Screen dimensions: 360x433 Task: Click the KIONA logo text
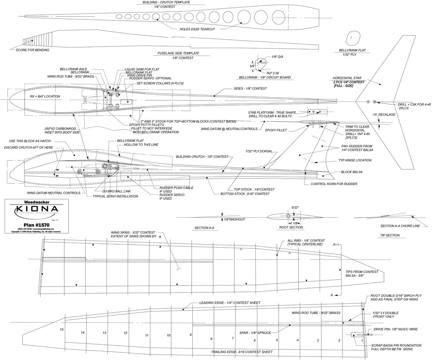(33, 210)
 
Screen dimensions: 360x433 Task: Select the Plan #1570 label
(33, 224)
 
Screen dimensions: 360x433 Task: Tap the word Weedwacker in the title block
(33, 202)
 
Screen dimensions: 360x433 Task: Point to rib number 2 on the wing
(339, 340)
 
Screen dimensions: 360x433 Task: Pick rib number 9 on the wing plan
(191, 335)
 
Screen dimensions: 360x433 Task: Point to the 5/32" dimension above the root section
(295, 207)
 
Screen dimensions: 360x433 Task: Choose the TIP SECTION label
(389, 235)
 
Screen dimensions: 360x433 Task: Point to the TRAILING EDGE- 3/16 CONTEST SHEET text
(242, 352)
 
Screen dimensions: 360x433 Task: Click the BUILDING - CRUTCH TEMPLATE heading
(164, 2)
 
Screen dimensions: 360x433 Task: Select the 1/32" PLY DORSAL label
(259, 151)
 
